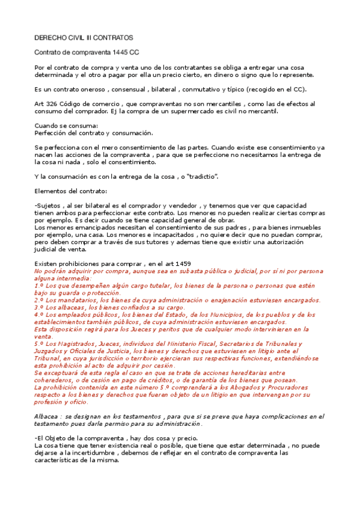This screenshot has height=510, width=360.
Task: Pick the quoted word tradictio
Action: point(201,176)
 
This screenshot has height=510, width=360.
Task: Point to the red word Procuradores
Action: point(277,387)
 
